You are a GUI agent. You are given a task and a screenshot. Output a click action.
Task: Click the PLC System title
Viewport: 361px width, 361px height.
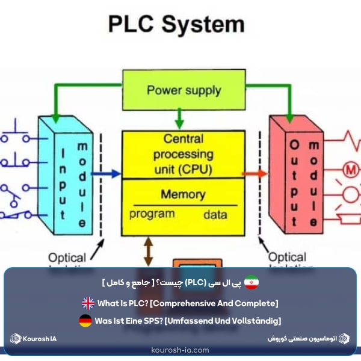pos(176,25)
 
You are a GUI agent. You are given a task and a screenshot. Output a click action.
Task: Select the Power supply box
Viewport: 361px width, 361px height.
pos(184,91)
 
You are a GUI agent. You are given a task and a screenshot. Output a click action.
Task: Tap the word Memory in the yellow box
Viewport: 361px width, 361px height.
pos(183,194)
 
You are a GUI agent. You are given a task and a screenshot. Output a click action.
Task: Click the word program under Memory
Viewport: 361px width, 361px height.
pos(152,214)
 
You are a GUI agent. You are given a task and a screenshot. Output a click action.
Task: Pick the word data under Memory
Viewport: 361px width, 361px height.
pos(215,214)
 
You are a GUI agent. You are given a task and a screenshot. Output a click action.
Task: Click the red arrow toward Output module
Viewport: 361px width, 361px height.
pos(255,174)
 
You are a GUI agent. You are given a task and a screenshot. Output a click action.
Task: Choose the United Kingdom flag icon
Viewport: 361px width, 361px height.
pos(88,303)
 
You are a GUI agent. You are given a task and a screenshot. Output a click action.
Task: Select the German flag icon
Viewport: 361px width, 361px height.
pos(85,321)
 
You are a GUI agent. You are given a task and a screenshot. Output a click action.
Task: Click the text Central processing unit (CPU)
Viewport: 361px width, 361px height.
pos(184,155)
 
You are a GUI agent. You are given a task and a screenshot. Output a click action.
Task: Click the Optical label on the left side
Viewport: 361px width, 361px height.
pos(67,257)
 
